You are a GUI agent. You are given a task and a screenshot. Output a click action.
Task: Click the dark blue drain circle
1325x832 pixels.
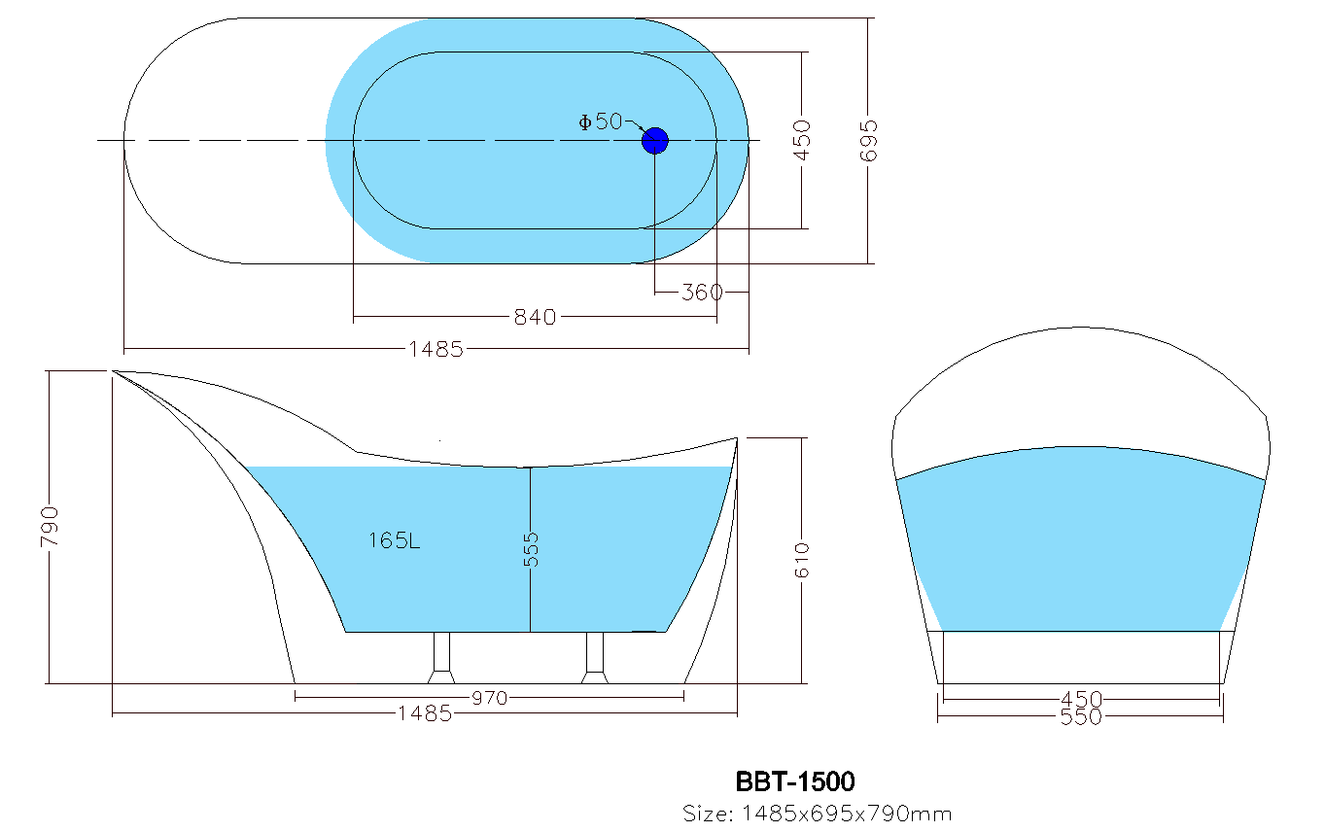[x=655, y=141]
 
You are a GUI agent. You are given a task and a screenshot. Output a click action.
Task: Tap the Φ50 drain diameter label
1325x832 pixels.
[x=600, y=121]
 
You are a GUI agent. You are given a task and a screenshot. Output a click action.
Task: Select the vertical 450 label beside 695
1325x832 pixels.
[x=802, y=140]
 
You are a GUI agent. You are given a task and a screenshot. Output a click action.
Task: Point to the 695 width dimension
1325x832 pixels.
[x=869, y=140]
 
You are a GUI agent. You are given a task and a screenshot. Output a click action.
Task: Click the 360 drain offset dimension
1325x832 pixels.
[x=702, y=292]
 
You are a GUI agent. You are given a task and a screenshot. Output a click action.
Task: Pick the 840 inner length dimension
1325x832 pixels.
[x=535, y=317]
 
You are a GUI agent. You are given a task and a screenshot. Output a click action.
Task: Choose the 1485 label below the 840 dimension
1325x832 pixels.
[x=436, y=349]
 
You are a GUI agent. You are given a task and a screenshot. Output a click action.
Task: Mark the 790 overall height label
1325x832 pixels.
[x=50, y=526]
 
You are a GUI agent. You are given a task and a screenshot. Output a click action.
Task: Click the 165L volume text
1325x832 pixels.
[x=394, y=540]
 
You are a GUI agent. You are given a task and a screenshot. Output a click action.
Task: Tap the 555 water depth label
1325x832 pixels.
[x=531, y=549]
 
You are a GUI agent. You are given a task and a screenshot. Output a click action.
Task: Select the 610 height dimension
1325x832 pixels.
[x=803, y=560]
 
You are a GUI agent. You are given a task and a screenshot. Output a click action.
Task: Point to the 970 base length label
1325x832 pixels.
[x=489, y=697]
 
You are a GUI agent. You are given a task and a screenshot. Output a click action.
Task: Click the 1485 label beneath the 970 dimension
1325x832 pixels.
[x=425, y=714]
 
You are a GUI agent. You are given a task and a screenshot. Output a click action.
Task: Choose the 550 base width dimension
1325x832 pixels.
[x=1081, y=718]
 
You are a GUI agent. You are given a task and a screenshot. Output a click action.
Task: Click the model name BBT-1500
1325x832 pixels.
[x=795, y=781]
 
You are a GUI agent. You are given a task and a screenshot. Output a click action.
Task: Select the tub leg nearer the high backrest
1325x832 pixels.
[x=442, y=658]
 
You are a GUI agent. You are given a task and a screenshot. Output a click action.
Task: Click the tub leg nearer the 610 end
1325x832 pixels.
[x=595, y=658]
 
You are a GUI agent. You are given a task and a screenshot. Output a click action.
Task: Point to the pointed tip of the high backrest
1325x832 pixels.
[x=115, y=371]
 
